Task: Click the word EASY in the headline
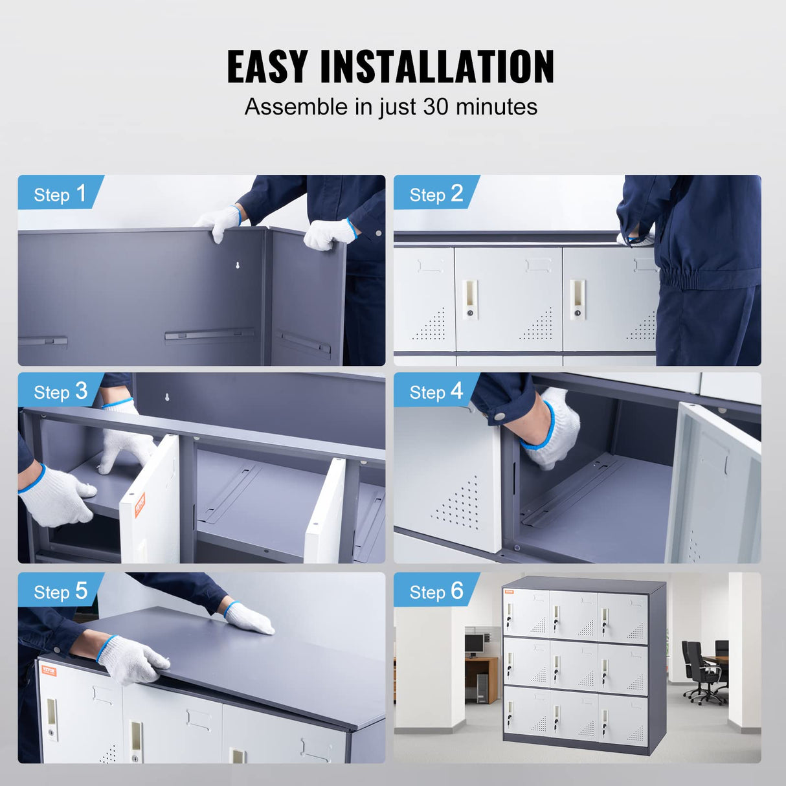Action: [267, 67]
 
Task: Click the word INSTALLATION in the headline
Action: [438, 67]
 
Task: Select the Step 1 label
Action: [60, 194]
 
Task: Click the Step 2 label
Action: [436, 194]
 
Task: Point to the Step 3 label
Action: [60, 391]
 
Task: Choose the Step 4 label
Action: [436, 391]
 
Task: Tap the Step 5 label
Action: [60, 591]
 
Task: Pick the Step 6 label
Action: [436, 591]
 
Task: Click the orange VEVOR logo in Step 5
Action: [49, 670]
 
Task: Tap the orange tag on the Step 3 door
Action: [140, 504]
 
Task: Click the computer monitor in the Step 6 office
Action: [474, 643]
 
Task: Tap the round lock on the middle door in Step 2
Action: [470, 313]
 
